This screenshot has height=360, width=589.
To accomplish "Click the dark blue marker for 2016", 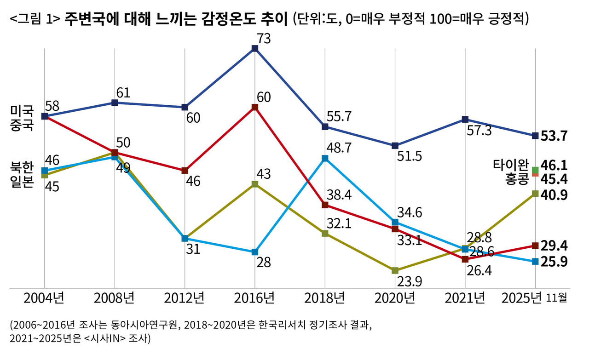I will (254, 48).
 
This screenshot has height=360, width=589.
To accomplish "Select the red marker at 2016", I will (254, 108).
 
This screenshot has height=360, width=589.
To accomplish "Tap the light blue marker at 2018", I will (325, 158).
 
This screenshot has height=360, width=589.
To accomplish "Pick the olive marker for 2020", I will (395, 270).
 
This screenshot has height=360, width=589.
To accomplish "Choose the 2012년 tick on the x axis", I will (185, 299).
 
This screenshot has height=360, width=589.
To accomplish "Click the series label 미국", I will (22, 111).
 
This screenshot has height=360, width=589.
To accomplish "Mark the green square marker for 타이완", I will (535, 171).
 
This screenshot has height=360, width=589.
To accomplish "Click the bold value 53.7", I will (554, 136).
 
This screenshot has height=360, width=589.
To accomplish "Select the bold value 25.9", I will (554, 262).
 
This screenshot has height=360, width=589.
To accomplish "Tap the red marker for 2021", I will (465, 259).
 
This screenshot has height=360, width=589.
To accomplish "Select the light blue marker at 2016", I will (254, 252).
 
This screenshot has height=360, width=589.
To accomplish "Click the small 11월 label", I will (557, 299).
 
